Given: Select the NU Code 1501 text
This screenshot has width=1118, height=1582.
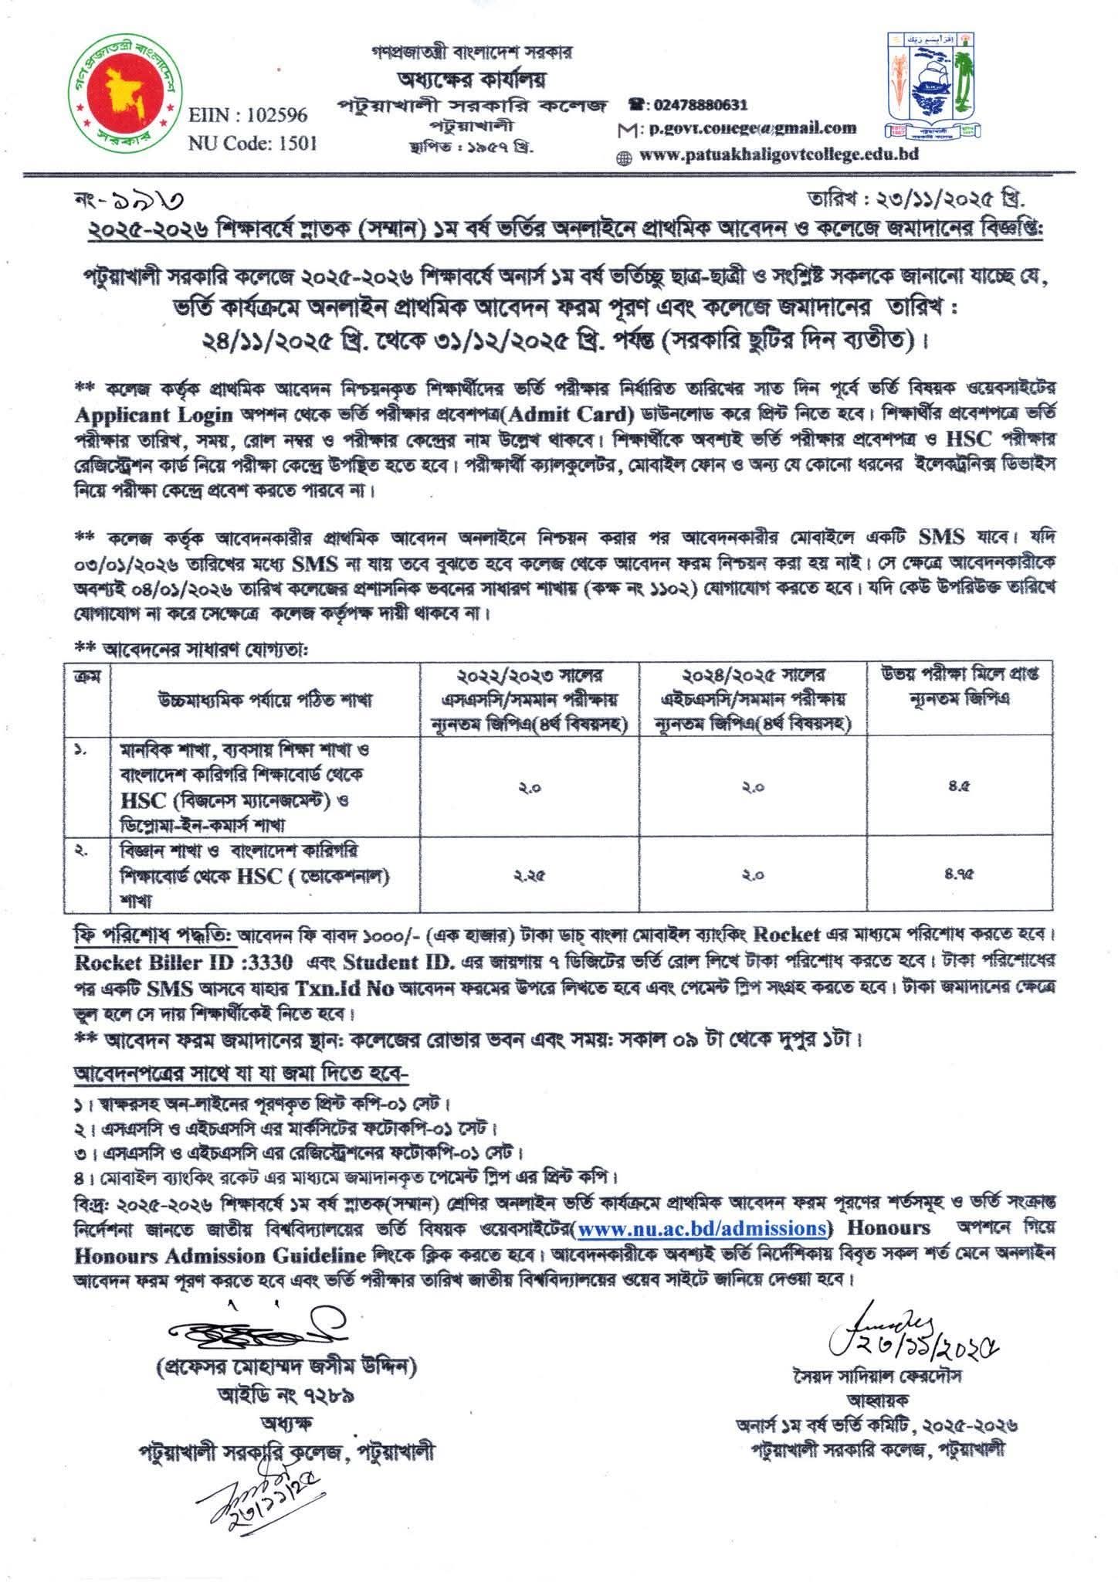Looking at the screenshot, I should pos(252,144).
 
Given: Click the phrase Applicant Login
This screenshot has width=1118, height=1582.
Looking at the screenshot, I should pos(154,415).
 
